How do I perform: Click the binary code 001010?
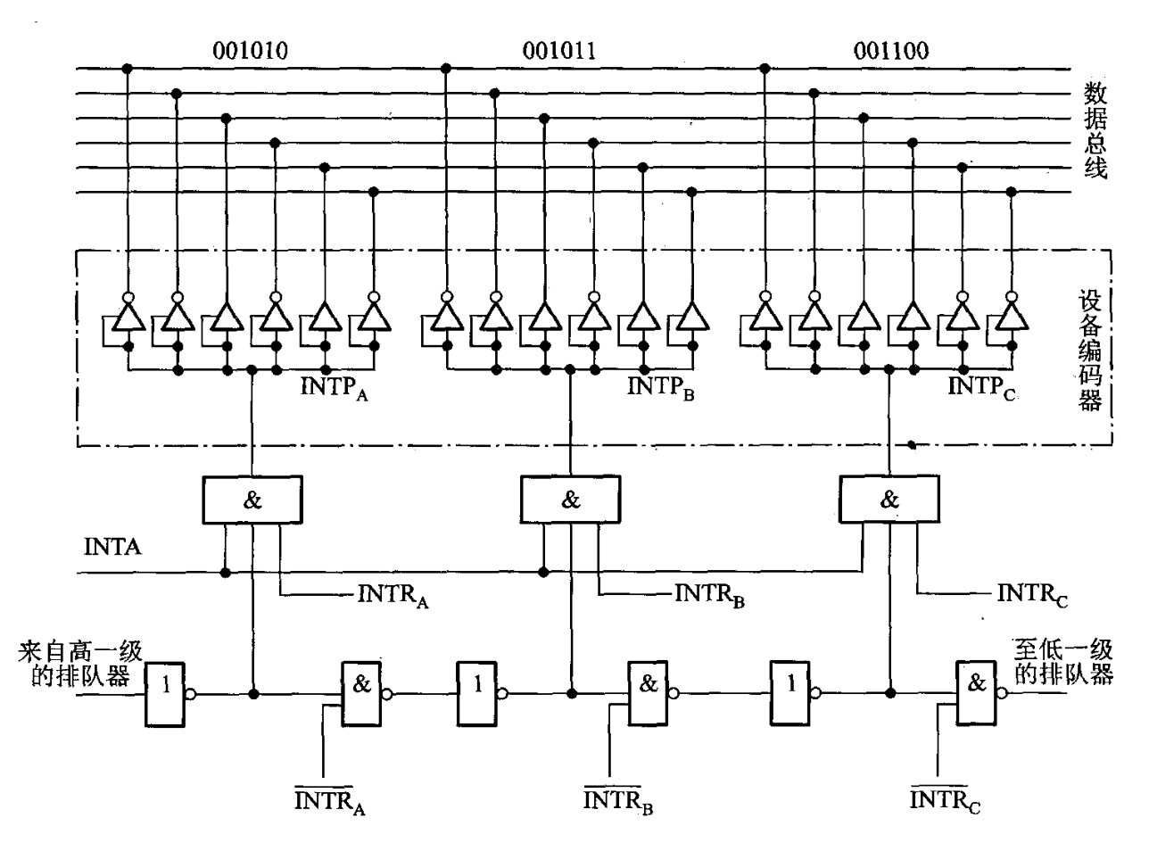click(x=250, y=51)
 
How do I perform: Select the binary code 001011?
click(x=559, y=51)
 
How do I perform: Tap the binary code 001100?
click(x=891, y=51)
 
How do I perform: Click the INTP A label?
click(x=335, y=389)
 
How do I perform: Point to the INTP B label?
click(x=660, y=388)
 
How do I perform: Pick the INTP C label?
click(x=981, y=388)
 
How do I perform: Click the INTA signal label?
click(x=112, y=547)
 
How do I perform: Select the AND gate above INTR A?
click(x=252, y=500)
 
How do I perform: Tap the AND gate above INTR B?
click(x=570, y=500)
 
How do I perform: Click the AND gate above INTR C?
click(x=889, y=499)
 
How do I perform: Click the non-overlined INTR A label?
click(x=393, y=596)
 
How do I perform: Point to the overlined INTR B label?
click(x=618, y=801)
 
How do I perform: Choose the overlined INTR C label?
click(x=945, y=801)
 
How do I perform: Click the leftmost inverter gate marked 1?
click(x=165, y=695)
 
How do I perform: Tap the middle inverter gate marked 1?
click(x=477, y=693)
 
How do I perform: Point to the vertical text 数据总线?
click(x=1095, y=130)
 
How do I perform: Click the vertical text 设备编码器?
click(x=1090, y=351)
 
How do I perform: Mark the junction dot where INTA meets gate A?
click(x=226, y=573)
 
